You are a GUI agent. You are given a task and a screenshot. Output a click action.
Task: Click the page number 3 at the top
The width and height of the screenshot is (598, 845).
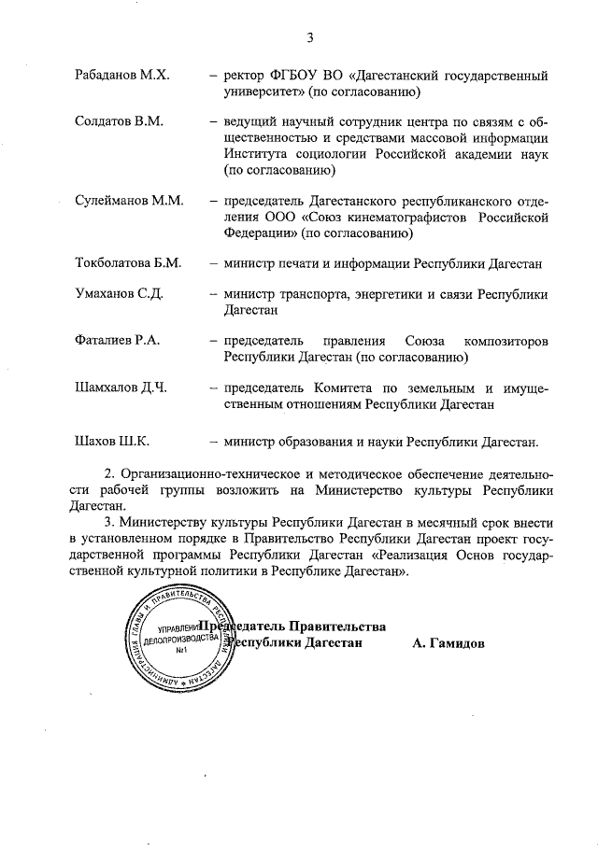309,37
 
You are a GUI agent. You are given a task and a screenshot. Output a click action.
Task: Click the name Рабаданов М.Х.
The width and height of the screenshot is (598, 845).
121,75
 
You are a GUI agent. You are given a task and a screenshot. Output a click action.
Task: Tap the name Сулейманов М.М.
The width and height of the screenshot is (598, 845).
129,201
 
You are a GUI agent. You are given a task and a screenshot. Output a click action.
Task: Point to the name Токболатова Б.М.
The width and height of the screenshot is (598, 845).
128,264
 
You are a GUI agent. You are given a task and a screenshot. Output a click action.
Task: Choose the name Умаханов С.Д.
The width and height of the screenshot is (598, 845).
120,295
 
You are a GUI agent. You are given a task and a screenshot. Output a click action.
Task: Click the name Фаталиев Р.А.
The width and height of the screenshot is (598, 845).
118,341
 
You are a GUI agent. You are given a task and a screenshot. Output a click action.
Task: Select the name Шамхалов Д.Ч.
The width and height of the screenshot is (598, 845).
121,387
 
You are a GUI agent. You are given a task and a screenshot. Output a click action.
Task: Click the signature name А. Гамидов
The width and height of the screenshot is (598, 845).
448,643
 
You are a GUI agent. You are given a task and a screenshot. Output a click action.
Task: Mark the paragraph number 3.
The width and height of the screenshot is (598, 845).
107,521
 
